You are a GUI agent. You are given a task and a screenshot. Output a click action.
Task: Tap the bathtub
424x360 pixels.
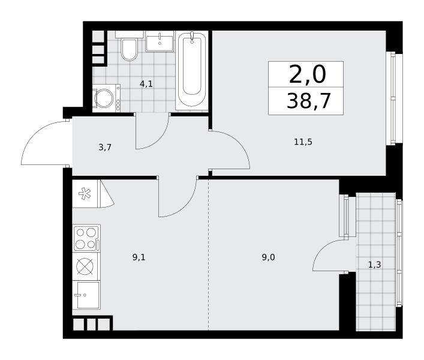[192, 70]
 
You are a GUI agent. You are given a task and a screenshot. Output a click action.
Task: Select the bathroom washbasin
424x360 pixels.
[160, 41]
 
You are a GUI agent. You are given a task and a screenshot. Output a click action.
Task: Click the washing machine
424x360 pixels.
[106, 98]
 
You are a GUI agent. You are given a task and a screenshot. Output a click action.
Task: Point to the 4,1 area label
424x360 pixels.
[146, 84]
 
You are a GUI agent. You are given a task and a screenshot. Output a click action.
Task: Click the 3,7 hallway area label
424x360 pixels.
[105, 148]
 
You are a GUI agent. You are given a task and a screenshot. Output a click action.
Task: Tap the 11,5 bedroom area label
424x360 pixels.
[303, 142]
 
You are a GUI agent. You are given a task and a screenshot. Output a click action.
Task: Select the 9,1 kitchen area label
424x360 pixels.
[139, 257]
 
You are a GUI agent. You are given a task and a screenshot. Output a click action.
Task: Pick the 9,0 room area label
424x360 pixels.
[269, 257]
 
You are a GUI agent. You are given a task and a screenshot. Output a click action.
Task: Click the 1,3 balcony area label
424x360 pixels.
[374, 265]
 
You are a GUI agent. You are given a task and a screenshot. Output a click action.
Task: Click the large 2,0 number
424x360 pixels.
[308, 74]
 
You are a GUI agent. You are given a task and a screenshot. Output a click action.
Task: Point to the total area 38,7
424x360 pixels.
[309, 101]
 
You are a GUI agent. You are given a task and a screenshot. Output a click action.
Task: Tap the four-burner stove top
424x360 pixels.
[86, 238]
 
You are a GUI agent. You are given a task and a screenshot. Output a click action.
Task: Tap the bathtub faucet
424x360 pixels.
[192, 37]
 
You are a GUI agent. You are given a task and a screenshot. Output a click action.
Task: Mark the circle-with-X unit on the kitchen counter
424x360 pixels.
[85, 266]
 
